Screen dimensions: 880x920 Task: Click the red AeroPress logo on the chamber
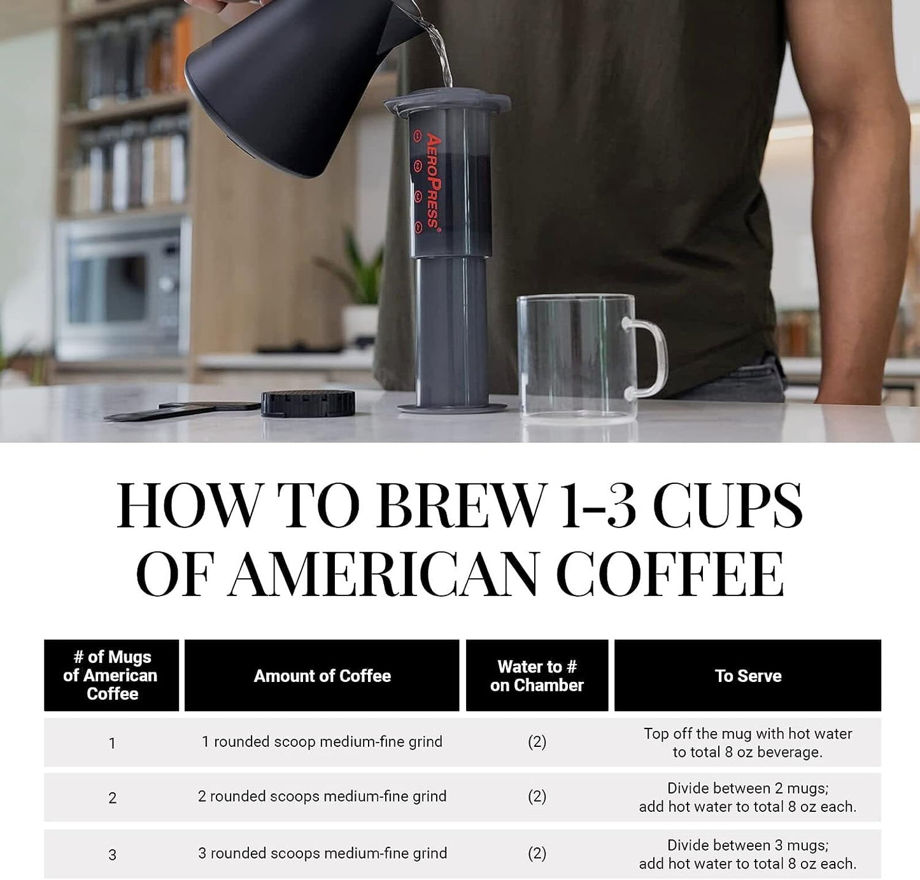(433, 180)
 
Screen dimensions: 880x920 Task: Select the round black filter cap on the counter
(308, 403)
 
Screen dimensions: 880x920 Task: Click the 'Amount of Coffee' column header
(322, 676)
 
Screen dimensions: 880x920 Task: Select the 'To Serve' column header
(747, 676)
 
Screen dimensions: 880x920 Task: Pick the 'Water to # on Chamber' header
(537, 676)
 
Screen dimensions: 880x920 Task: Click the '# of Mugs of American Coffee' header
(111, 676)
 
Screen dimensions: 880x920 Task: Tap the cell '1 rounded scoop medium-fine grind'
(322, 742)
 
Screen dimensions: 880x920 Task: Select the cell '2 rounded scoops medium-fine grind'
(322, 797)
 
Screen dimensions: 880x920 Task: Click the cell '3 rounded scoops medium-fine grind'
(322, 853)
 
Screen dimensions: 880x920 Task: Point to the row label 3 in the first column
(112, 855)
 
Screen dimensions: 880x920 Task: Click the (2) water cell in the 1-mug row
(537, 742)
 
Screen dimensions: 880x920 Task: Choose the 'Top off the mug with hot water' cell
(747, 742)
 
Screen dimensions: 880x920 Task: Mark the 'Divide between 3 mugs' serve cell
(747, 854)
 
